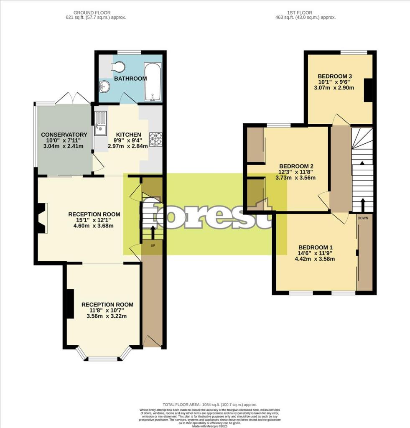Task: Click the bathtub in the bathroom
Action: point(152,82)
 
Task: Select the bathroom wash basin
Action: point(104,87)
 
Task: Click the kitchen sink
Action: point(100,124)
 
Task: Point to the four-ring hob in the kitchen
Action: point(156,139)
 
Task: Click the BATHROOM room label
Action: point(130,79)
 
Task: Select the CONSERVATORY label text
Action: point(64,135)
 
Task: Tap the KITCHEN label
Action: point(128,135)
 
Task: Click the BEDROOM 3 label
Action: point(335,76)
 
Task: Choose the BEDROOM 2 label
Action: point(296,166)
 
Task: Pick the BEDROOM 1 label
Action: point(316,247)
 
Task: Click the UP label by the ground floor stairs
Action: point(153,245)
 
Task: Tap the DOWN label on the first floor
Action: point(362,218)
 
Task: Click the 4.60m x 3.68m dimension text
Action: point(94,226)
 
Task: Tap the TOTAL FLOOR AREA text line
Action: point(209,405)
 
